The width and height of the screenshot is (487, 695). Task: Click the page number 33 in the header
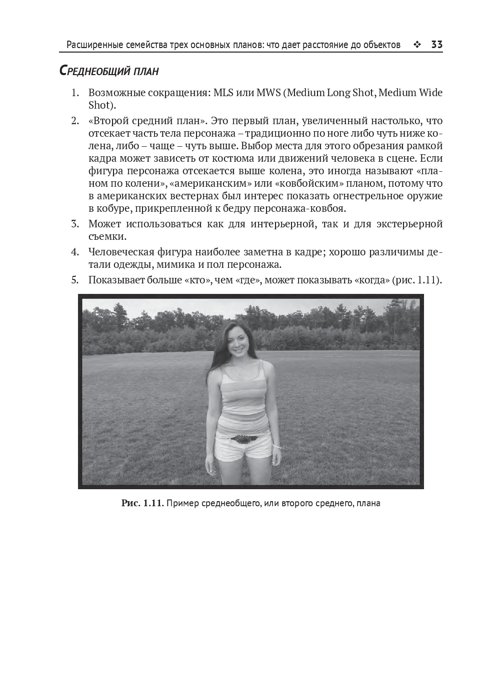click(x=436, y=45)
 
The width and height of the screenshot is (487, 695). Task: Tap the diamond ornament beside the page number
click(x=417, y=45)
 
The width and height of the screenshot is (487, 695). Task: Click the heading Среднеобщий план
click(x=109, y=71)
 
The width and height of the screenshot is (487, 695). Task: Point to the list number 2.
click(x=75, y=121)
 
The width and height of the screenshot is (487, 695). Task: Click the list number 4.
click(x=75, y=252)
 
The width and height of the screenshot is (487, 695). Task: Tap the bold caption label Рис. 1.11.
click(x=142, y=503)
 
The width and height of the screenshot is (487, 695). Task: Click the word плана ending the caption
click(x=368, y=503)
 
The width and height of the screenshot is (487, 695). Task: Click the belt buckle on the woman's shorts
click(x=243, y=439)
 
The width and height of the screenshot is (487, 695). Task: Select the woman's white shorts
click(x=242, y=448)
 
